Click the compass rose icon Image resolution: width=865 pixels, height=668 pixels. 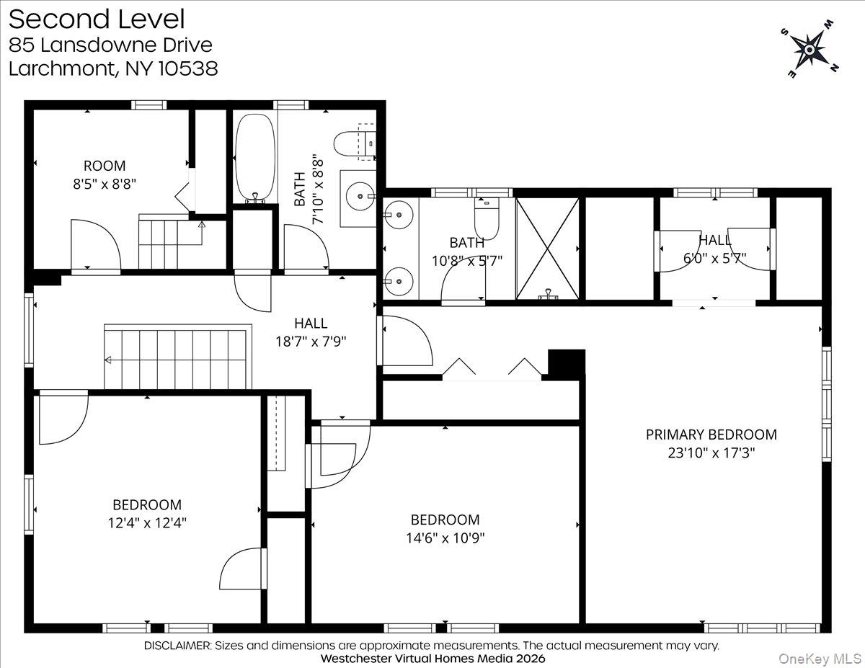(809, 50)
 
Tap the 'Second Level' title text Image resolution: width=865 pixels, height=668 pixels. (97, 19)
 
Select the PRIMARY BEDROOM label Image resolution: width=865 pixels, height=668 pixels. (711, 435)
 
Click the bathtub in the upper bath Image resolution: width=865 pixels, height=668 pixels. (254, 158)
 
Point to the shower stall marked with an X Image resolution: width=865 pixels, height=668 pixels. (548, 247)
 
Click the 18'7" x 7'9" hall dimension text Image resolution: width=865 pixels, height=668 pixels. (311, 342)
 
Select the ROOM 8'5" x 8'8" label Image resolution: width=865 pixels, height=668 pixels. (104, 174)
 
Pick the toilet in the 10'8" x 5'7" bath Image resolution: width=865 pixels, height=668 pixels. (487, 219)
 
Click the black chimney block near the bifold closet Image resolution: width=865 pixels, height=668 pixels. (566, 364)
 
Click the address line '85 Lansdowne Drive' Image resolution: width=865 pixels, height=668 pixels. (110, 45)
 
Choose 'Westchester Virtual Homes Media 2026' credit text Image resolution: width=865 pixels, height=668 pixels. (432, 659)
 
